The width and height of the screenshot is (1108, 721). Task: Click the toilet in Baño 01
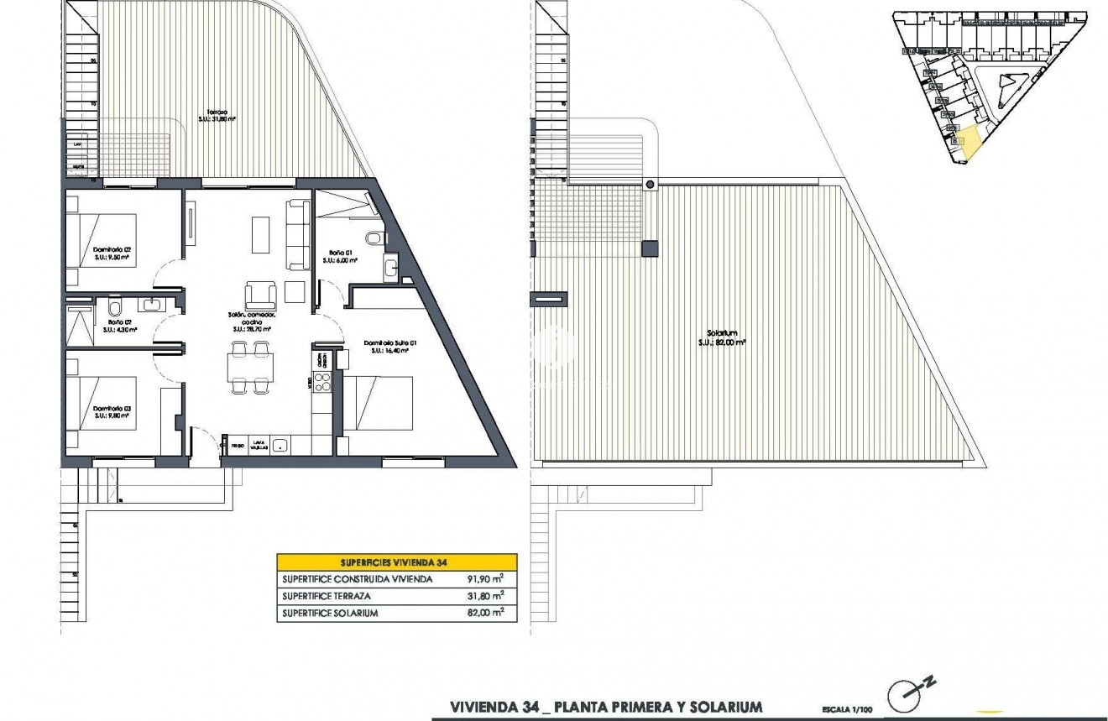pos(379,239)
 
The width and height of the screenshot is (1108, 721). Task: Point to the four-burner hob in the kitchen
pos(322,383)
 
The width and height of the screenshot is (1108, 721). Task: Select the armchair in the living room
pos(259,295)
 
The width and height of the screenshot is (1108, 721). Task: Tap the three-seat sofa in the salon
pos(298,234)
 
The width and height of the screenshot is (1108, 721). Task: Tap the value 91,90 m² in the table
pos(485,578)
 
